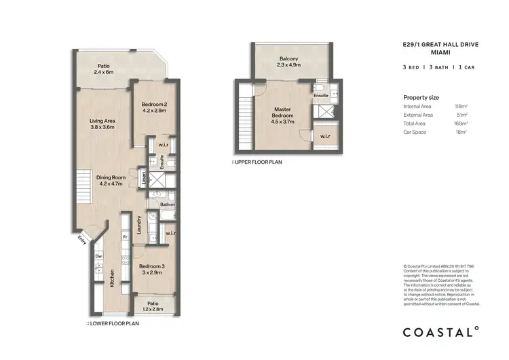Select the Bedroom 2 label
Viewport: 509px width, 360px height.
point(155,107)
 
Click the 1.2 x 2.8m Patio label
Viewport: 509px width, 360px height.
point(153,306)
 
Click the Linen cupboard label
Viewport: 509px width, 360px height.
point(145,179)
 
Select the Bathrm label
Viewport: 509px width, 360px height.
point(168,204)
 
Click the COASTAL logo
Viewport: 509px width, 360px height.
point(441,332)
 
